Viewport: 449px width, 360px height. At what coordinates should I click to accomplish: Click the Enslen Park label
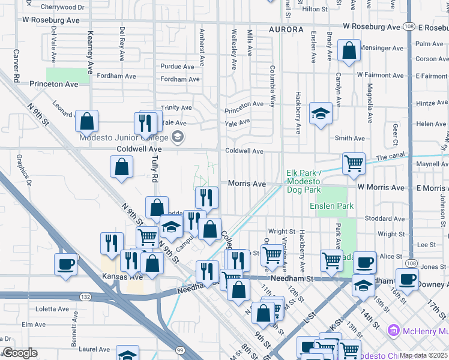tap(331, 206)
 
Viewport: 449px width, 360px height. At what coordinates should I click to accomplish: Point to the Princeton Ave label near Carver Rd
tap(54, 84)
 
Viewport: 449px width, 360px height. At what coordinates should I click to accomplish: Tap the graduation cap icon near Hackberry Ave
tap(321, 113)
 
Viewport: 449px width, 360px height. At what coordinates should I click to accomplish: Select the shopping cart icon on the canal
tap(354, 163)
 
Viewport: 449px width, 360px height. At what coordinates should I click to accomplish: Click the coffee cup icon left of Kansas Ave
tap(65, 264)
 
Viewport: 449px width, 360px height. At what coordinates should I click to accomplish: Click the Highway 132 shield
tap(85, 296)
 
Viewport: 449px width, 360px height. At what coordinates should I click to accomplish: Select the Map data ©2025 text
tap(423, 355)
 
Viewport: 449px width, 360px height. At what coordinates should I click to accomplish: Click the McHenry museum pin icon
tap(394, 330)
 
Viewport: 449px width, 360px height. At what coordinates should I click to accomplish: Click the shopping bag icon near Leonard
tap(87, 121)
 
